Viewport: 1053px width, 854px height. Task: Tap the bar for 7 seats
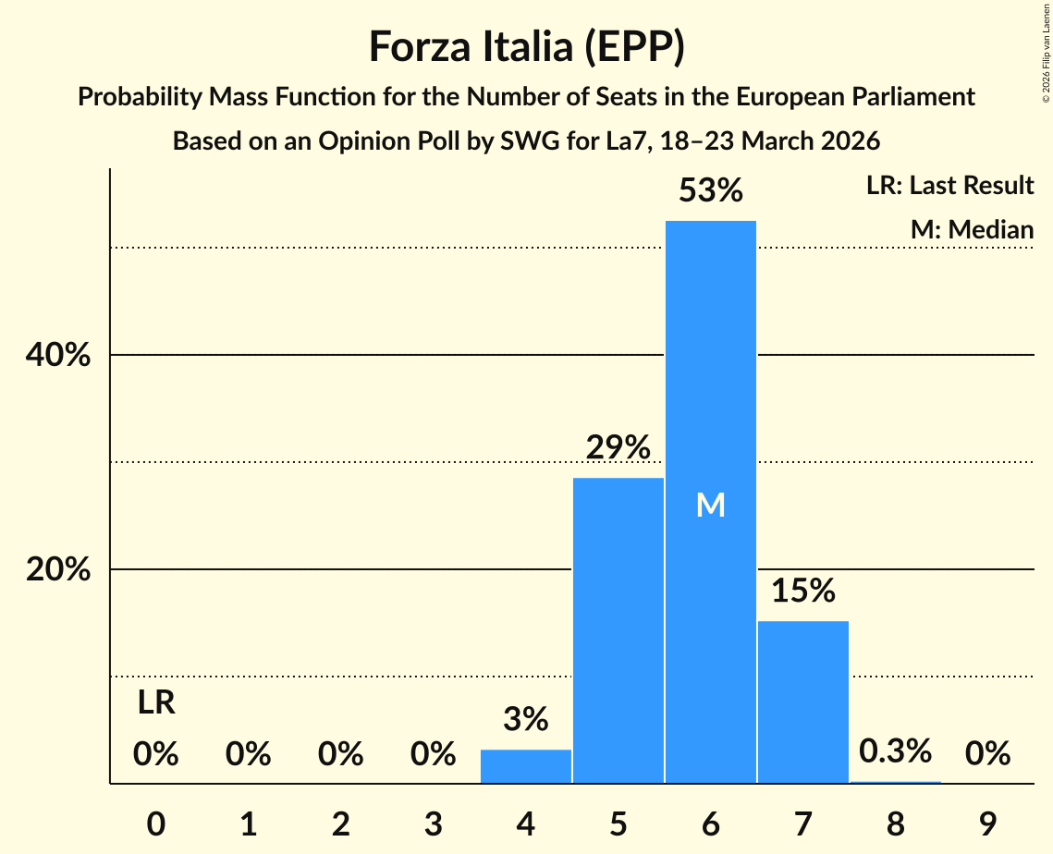click(802, 702)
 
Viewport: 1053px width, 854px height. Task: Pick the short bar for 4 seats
click(526, 766)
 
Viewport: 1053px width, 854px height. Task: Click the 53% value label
click(710, 191)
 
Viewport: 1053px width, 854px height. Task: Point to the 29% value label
click(618, 448)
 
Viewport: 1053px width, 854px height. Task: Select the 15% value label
click(802, 591)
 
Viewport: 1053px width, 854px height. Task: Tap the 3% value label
click(526, 719)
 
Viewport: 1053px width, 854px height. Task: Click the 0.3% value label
click(895, 751)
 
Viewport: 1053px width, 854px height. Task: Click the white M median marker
click(710, 505)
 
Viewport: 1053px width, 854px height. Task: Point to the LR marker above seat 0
click(156, 703)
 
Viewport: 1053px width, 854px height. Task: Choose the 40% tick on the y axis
click(58, 355)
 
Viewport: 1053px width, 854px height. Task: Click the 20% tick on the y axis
click(58, 569)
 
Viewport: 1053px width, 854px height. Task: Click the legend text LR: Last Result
click(949, 186)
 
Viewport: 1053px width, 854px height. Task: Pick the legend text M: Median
click(972, 229)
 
